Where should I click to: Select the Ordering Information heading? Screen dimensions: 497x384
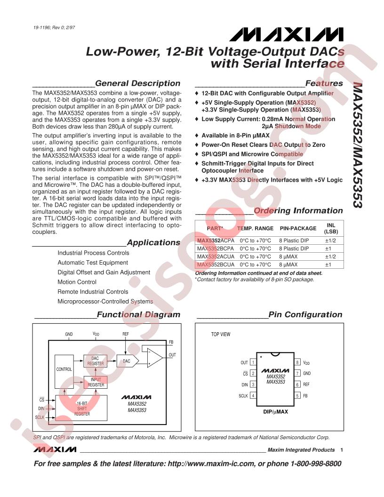coord(298,210)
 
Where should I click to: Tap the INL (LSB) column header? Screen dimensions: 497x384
coord(331,228)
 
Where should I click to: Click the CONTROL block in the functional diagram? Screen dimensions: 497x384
coord(64,369)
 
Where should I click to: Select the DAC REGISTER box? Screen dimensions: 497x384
coord(95,361)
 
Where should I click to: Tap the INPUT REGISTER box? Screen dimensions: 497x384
coord(96,382)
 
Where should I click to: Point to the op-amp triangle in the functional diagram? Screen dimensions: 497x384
coord(154,358)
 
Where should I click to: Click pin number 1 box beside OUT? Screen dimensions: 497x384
coord(253,362)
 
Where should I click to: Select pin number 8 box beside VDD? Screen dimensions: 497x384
coord(297,362)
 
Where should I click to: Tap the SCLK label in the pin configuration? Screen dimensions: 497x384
coord(243,396)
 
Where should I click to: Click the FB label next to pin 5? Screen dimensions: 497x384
coord(305,396)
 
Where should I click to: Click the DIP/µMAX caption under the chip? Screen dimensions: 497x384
coord(275,411)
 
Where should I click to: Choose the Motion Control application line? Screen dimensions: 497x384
coord(77,282)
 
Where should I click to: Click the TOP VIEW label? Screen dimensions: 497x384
coord(221,335)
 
